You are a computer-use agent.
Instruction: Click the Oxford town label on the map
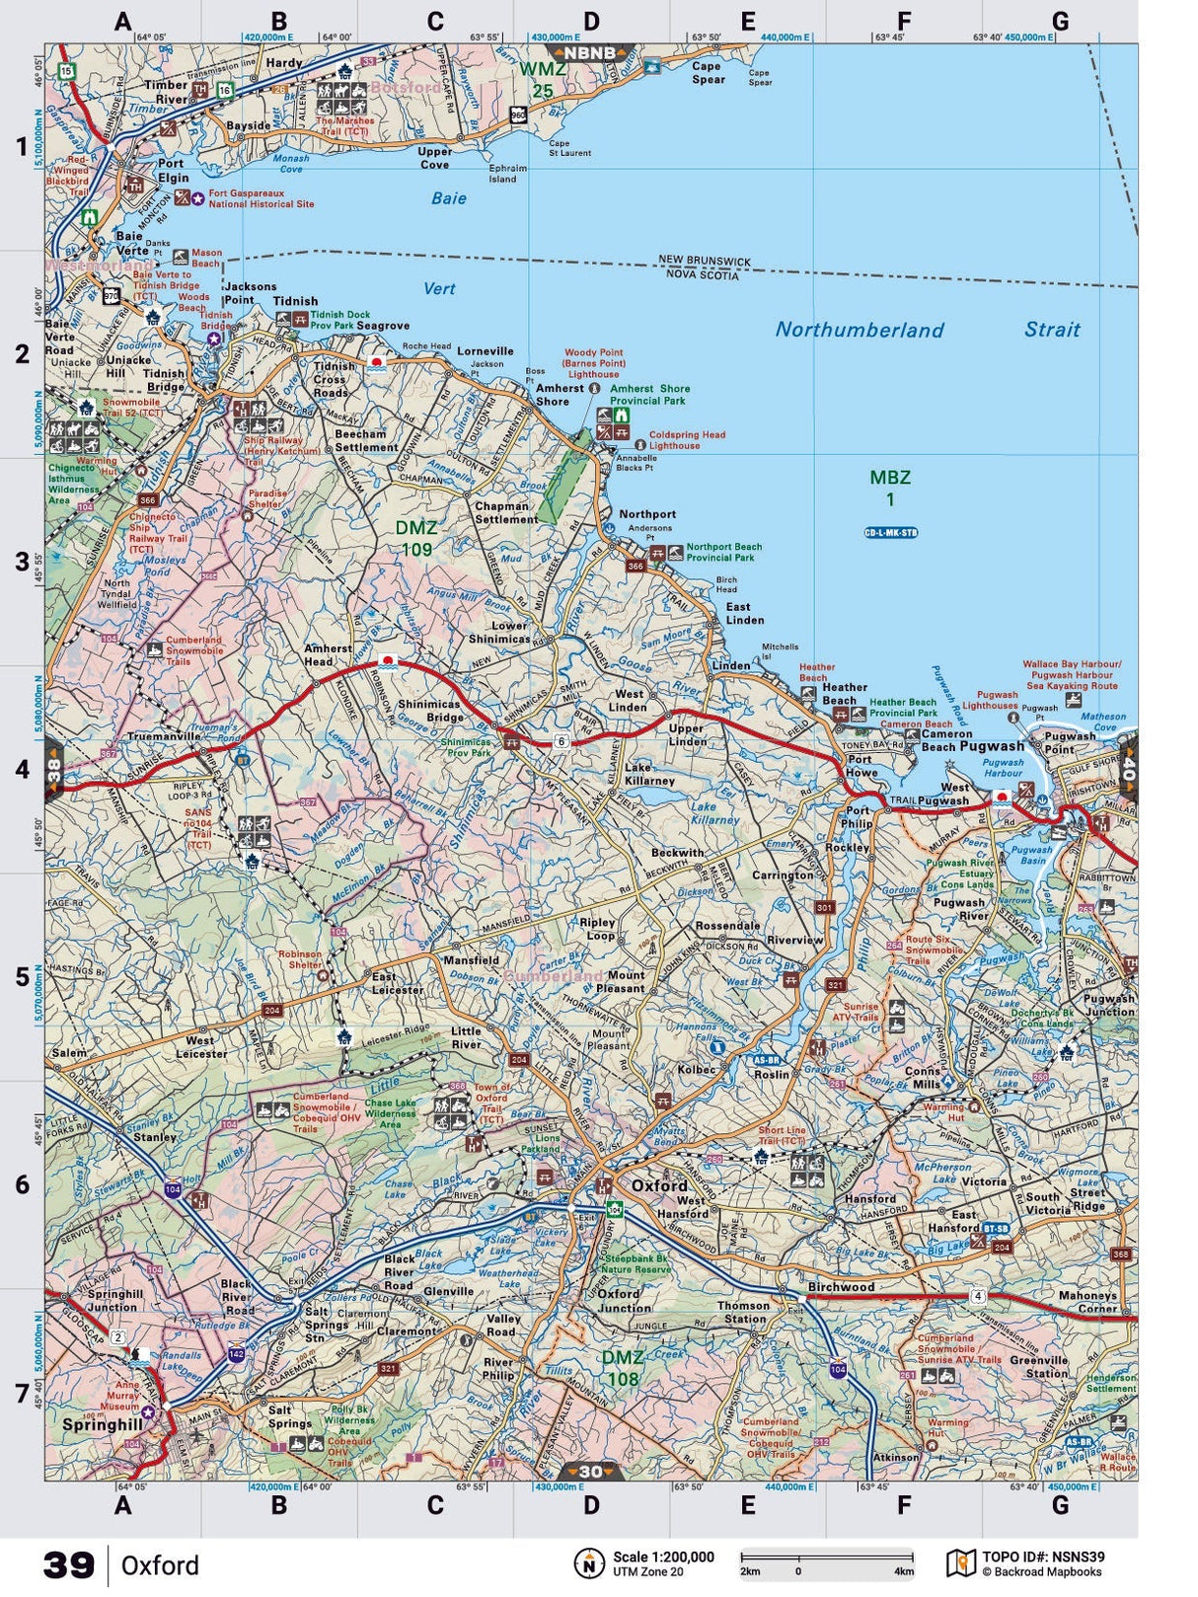(x=659, y=1185)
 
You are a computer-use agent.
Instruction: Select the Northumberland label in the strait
(x=859, y=330)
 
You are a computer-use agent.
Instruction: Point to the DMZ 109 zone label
(x=415, y=539)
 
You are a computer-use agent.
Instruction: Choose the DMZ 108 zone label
(x=623, y=1368)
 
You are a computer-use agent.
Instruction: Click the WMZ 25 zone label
(x=543, y=79)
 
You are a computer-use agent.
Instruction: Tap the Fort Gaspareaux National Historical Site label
(x=261, y=198)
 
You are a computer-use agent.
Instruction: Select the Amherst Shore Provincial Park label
(x=649, y=395)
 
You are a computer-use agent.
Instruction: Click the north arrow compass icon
(x=589, y=1563)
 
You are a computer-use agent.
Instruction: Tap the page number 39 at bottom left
(x=69, y=1565)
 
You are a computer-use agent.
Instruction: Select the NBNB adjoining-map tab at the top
(x=590, y=52)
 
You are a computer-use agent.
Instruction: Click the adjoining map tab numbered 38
(x=54, y=768)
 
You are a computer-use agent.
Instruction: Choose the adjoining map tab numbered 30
(x=590, y=1472)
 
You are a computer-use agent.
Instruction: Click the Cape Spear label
(x=707, y=73)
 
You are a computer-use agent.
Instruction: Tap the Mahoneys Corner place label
(x=1086, y=1302)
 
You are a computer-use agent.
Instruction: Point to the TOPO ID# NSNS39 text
(x=1043, y=1557)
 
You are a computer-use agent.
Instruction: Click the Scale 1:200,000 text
(x=663, y=1557)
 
